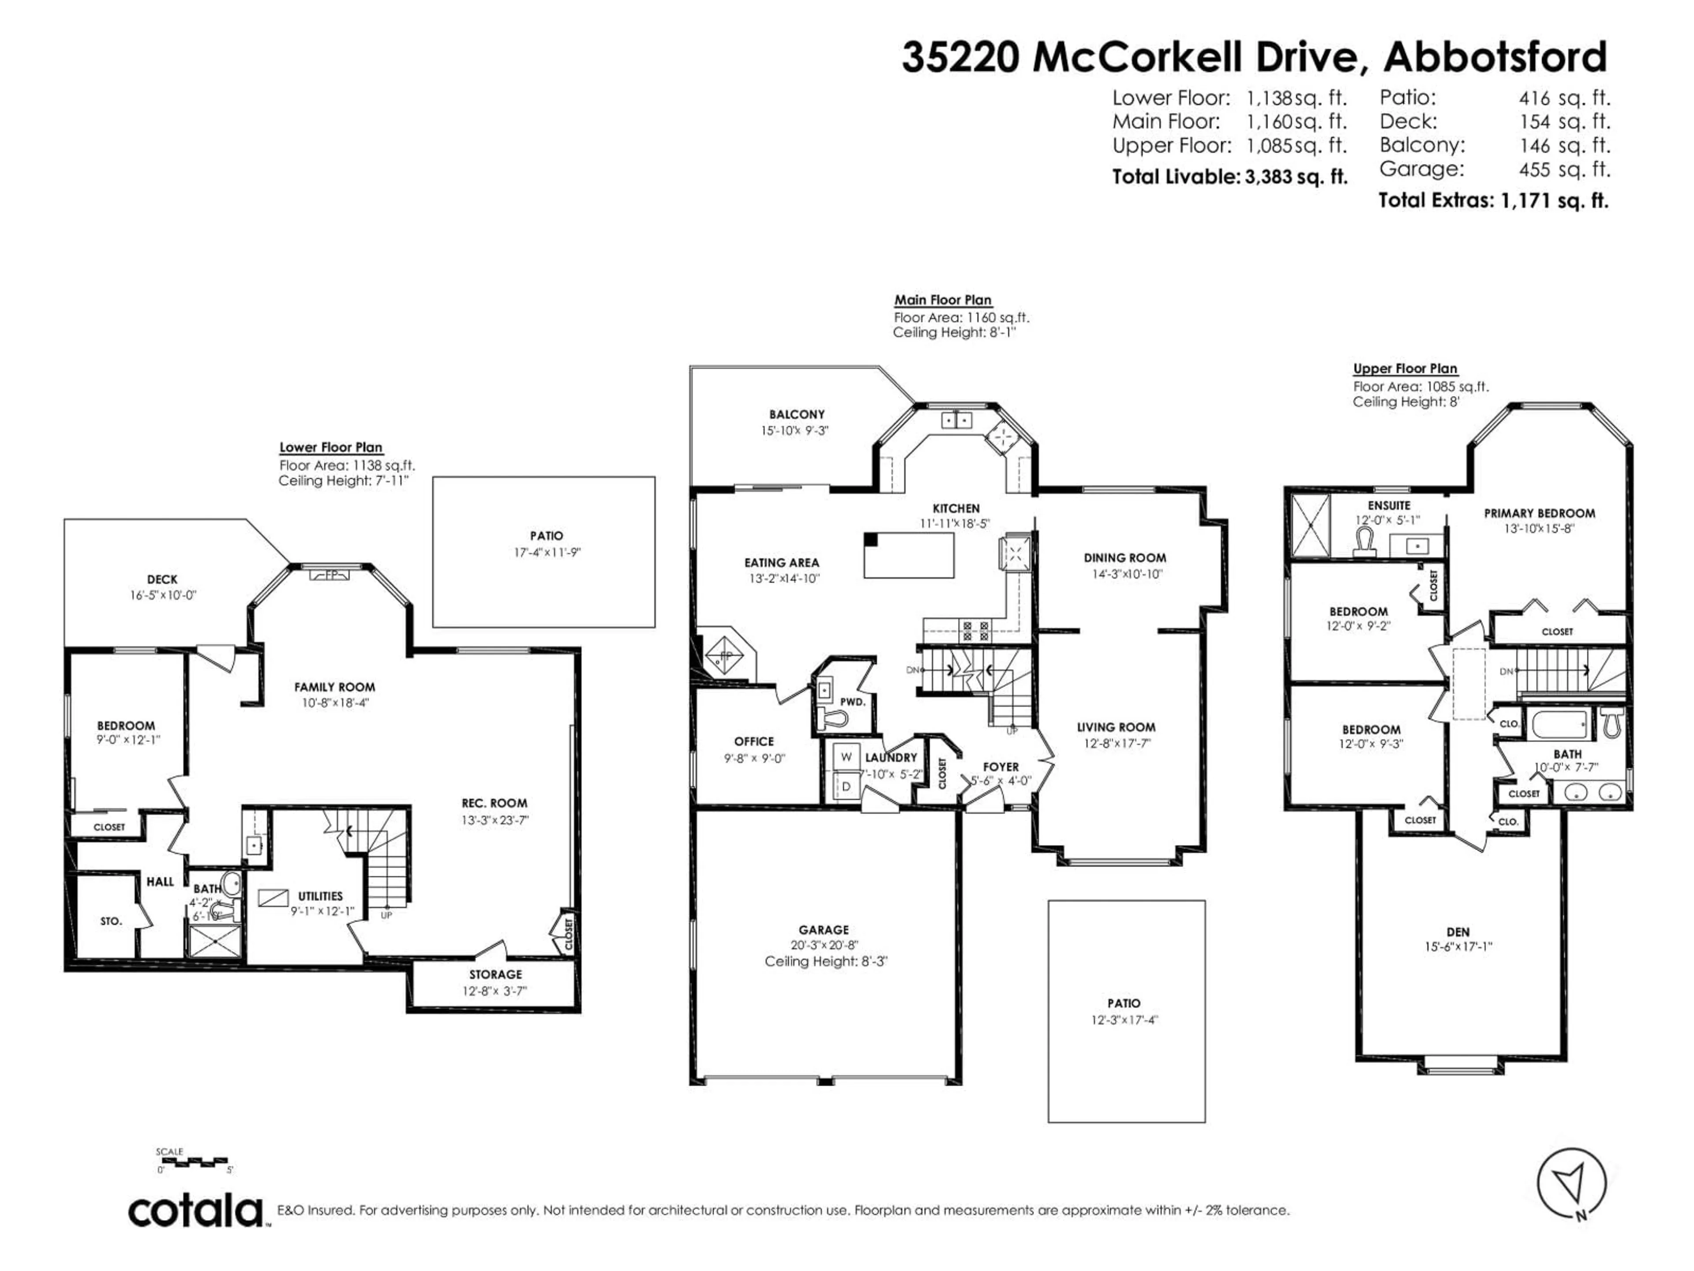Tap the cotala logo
point(196,1211)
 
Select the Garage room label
point(824,929)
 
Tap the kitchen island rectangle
point(909,555)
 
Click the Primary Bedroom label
point(1539,513)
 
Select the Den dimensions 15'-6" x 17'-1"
point(1458,946)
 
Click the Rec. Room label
point(494,803)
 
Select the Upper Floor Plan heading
point(1405,369)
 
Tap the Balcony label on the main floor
point(796,414)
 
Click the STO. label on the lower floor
point(111,921)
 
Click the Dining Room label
point(1124,558)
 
